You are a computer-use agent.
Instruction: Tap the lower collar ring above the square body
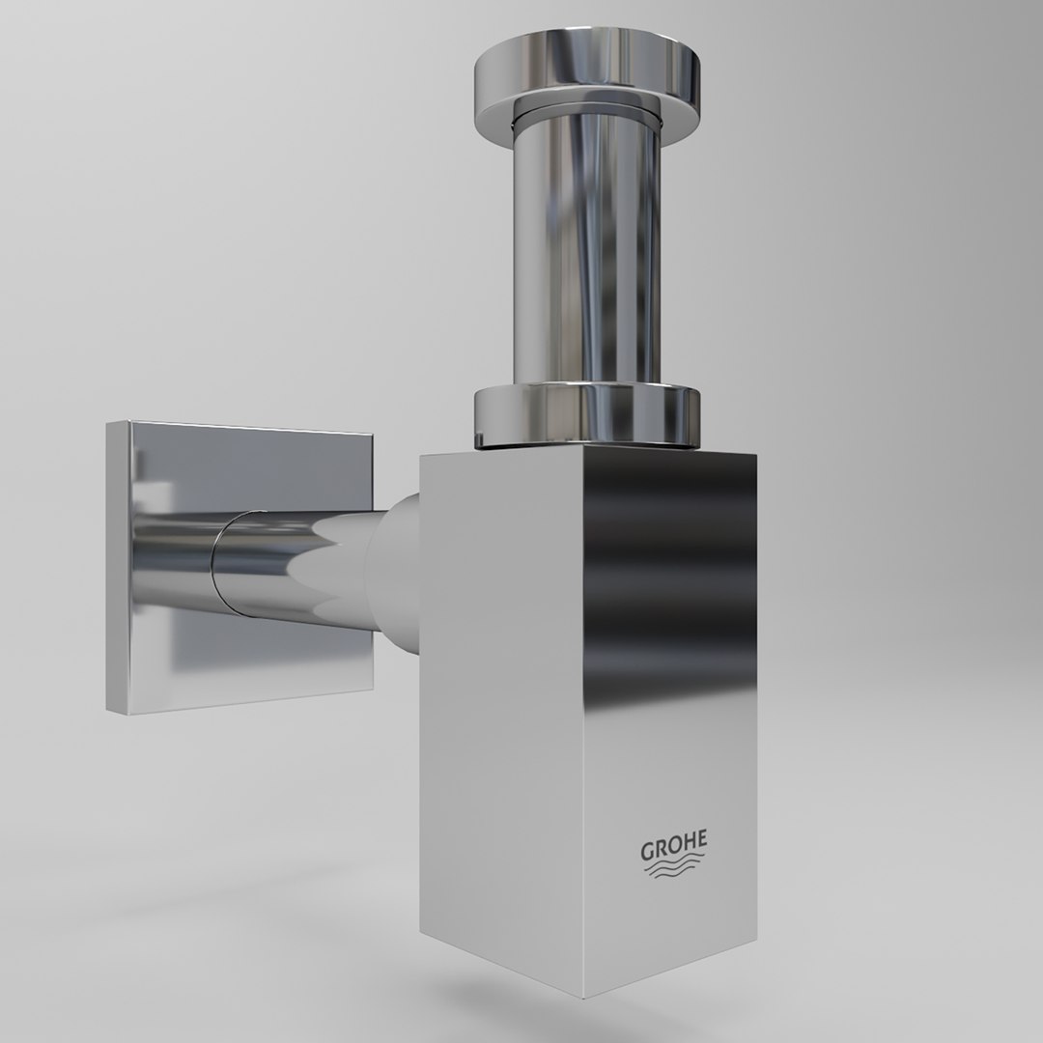pyautogui.click(x=584, y=413)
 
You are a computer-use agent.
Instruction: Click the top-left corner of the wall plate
pyautogui.click(x=108, y=422)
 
